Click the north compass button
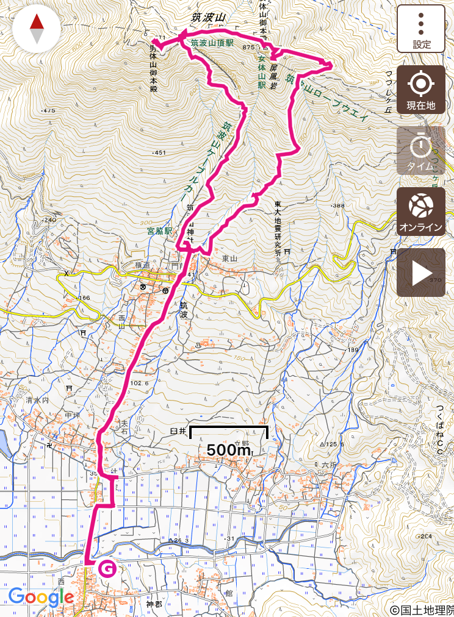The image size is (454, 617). point(37,29)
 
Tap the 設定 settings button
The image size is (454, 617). point(421,29)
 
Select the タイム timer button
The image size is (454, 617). point(421,151)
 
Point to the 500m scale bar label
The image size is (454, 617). point(229,450)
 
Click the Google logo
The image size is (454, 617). point(41,597)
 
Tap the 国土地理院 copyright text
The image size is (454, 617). point(422,610)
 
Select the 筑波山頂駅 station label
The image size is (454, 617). point(212,43)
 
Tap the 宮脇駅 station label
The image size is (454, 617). point(160,232)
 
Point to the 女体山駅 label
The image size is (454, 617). point(261,73)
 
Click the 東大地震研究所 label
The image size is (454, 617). point(277,229)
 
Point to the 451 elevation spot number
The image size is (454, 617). point(160,152)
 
